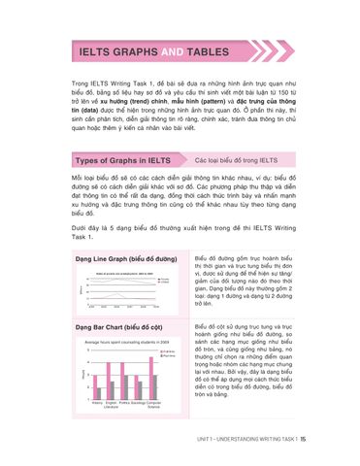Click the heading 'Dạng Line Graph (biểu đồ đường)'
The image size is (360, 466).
(126, 260)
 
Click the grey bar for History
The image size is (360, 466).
(100, 392)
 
